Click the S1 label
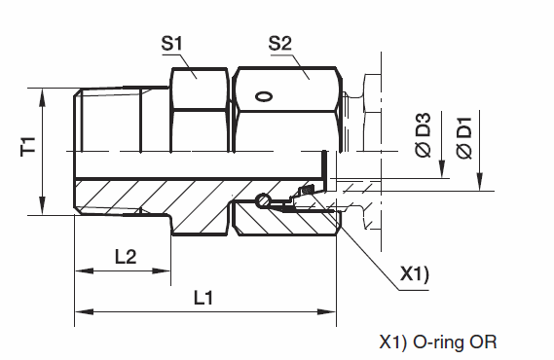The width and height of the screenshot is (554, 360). pyautogui.click(x=171, y=44)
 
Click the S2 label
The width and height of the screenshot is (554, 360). pyautogui.click(x=280, y=44)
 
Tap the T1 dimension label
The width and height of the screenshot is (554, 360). pyautogui.click(x=28, y=146)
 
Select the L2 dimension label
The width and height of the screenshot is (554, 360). pyautogui.click(x=126, y=257)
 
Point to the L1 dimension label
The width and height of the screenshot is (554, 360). pyautogui.click(x=203, y=298)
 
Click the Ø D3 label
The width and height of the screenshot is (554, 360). pyautogui.click(x=424, y=135)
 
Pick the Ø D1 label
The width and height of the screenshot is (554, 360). pyautogui.click(x=464, y=138)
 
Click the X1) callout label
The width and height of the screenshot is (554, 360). pyautogui.click(x=414, y=273)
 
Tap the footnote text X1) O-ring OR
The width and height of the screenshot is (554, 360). pyautogui.click(x=438, y=342)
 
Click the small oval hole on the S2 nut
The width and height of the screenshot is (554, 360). pyautogui.click(x=264, y=96)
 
